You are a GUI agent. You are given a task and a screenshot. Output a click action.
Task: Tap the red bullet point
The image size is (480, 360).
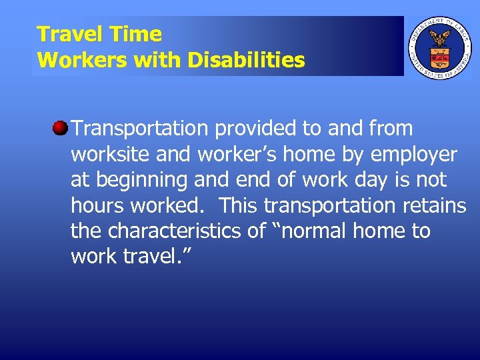click(61, 128)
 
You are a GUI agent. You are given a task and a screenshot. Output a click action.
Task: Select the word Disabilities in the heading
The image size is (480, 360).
click(246, 61)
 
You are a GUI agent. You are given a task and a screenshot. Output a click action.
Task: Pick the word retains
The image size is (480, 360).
click(433, 206)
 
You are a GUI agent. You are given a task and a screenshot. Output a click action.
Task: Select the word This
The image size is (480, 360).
click(243, 206)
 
